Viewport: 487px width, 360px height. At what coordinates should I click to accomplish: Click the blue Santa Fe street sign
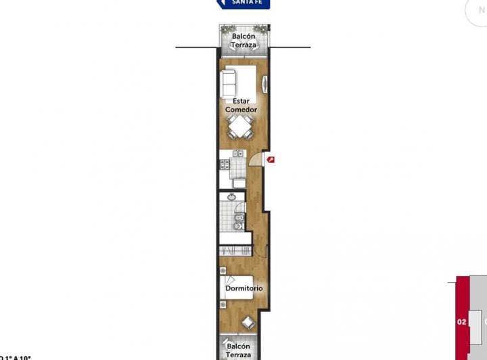[243, 3]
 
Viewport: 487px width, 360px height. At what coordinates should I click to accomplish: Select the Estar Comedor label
[241, 106]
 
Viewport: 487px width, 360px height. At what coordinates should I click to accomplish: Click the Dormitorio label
[243, 288]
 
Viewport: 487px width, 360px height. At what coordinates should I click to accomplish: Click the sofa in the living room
[229, 83]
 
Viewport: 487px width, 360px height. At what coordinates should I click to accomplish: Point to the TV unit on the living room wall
[265, 85]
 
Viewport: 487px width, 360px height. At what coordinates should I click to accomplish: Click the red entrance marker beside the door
[271, 160]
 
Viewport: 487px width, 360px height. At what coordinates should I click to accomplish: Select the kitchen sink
[237, 154]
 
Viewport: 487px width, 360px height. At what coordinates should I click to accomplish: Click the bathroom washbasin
[231, 198]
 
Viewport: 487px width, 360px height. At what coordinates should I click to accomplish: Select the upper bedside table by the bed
[223, 271]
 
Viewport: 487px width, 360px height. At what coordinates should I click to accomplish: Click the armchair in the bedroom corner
[248, 323]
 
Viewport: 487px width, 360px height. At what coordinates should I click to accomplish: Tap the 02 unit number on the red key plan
[462, 321]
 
